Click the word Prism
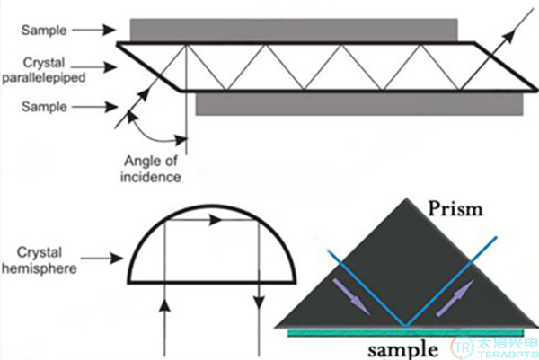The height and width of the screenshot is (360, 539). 455,208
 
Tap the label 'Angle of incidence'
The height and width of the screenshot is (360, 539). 151,169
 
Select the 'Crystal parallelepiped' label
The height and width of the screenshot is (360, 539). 44,70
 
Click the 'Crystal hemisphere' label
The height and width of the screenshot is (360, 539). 40,260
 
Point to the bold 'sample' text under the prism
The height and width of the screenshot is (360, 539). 402,349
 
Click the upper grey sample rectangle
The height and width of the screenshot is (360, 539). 294,30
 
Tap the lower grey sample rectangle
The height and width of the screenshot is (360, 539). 359,104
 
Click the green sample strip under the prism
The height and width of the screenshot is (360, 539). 406,332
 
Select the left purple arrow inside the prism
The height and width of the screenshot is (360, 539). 350,297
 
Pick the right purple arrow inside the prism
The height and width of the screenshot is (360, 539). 455,298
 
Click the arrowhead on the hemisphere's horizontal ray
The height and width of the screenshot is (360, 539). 216,220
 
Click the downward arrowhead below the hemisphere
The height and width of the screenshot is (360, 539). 259,303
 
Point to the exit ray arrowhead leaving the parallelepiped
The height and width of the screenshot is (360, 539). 509,35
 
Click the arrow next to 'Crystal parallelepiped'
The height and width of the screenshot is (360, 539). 94,66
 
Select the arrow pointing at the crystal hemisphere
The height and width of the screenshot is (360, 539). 102,258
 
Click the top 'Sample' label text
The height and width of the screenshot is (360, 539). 44,31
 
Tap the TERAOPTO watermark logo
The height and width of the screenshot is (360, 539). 494,347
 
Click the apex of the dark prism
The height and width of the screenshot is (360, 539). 407,198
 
